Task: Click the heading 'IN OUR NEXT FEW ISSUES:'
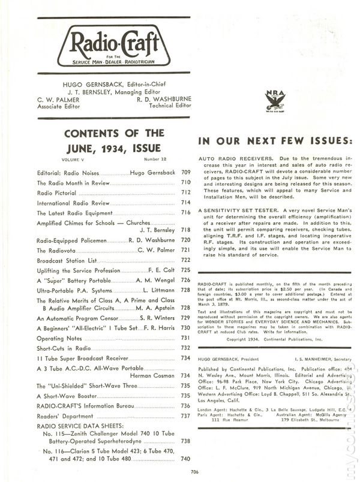[x=273, y=140]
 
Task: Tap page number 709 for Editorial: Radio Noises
[x=185, y=171]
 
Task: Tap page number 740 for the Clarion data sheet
[x=185, y=459]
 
